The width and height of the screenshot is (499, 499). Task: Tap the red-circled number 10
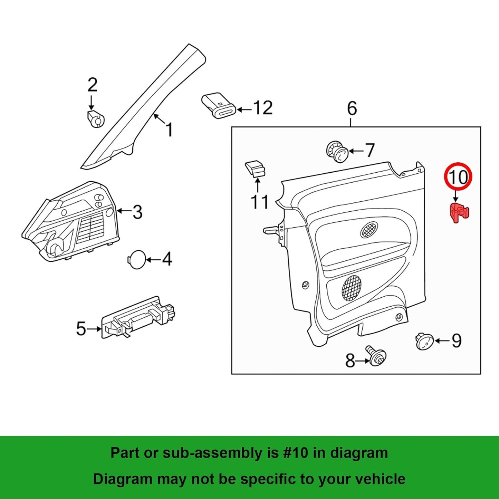(458, 177)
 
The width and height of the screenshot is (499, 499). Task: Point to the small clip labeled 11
(256, 169)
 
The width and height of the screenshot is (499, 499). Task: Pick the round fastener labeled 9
(424, 341)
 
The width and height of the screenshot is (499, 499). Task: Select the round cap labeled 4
(137, 259)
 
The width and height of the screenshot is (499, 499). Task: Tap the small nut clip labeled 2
(95, 119)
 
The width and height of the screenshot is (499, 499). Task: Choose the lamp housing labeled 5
(138, 317)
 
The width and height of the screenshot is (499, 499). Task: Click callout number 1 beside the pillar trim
(169, 129)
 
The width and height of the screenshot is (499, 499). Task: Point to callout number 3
(137, 212)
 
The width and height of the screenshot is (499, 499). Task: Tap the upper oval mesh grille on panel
(369, 229)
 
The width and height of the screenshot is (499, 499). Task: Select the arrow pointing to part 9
(442, 341)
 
